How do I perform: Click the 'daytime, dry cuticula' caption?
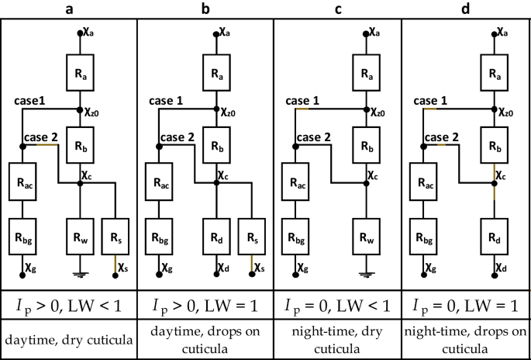pyautogui.click(x=68, y=338)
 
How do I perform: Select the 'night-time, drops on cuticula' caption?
pyautogui.click(x=466, y=338)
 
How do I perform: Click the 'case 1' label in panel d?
pyautogui.click(x=433, y=101)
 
